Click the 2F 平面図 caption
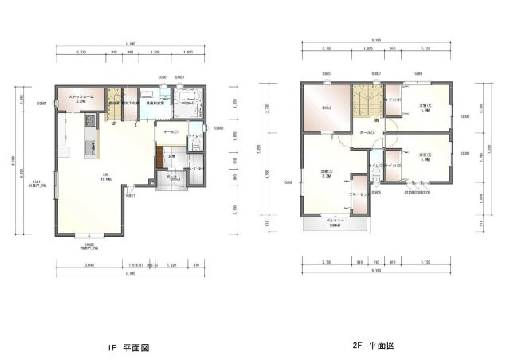tap(374, 346)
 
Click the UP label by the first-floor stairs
tap(114, 123)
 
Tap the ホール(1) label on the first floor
tap(171, 131)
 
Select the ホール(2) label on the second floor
tap(367, 132)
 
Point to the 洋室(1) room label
tap(425, 108)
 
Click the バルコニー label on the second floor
tap(335, 223)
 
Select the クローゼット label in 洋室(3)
tap(356, 194)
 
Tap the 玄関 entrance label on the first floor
tap(171, 155)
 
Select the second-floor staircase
tap(368, 100)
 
